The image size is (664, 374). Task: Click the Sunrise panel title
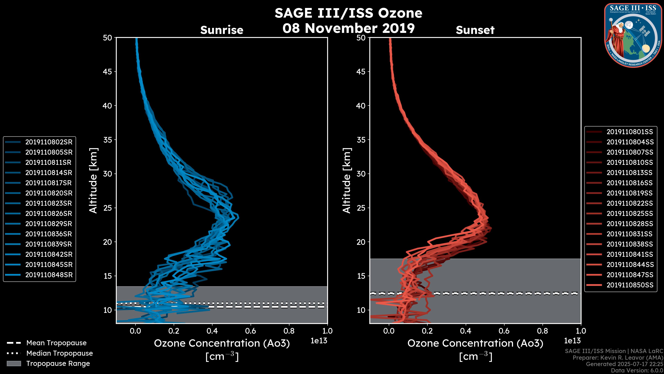tap(222, 30)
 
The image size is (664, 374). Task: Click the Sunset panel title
tap(475, 30)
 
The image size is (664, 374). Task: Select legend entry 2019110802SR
tap(49, 142)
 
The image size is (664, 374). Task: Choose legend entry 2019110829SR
tap(49, 224)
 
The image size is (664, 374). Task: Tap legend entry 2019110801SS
tap(630, 132)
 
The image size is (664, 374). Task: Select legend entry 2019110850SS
tap(630, 285)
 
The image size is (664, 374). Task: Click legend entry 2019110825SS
tap(630, 213)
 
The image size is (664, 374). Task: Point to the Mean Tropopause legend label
tap(56, 343)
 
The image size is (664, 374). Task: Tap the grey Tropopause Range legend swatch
tap(14, 363)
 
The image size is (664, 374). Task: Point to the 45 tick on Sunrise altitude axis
tap(108, 72)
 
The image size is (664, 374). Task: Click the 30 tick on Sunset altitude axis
tap(361, 174)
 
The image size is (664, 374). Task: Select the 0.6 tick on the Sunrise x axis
tap(251, 331)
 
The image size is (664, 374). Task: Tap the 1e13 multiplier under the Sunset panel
tap(572, 341)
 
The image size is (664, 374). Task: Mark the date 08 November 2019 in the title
tap(348, 28)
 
